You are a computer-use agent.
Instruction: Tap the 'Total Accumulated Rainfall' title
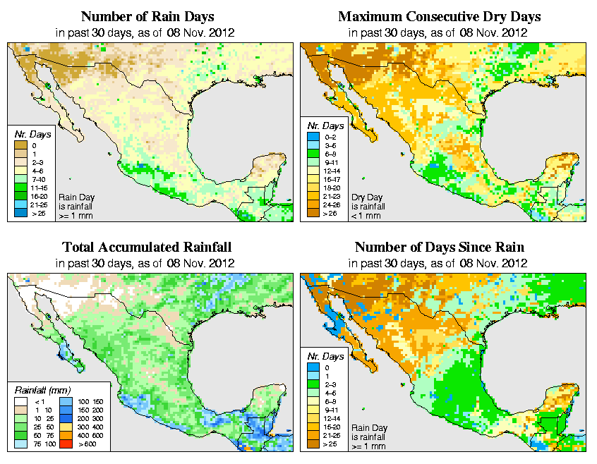pyautogui.click(x=147, y=248)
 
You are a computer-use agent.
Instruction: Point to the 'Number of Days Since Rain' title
pyautogui.click(x=440, y=248)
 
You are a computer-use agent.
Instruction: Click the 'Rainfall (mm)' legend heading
pyautogui.click(x=42, y=389)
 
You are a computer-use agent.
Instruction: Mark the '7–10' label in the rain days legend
pyautogui.click(x=37, y=180)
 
